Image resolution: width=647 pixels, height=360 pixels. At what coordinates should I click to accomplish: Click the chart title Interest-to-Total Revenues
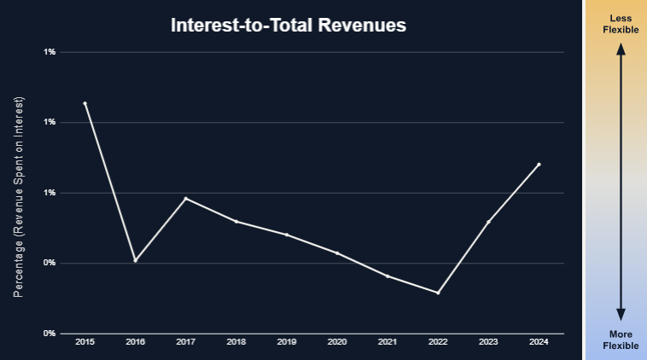pos(289,26)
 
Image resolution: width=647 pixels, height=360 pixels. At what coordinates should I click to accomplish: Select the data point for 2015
pos(85,103)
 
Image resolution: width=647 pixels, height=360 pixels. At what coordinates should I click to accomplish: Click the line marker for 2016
pos(135,260)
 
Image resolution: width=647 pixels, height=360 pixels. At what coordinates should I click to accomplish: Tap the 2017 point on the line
pos(185,199)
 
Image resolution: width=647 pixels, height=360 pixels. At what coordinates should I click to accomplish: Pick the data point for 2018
pos(236,221)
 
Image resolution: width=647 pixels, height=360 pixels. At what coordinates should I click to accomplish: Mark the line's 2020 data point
pos(337,253)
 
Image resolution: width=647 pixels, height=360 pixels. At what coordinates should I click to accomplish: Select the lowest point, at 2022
pos(438,293)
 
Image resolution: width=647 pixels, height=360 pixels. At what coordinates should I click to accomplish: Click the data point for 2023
pos(488,222)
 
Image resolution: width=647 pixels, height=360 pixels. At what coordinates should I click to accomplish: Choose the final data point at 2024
pos(539,164)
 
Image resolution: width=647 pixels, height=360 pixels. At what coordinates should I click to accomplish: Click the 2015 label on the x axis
pos(85,342)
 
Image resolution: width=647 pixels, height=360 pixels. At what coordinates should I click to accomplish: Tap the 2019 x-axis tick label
pos(287,342)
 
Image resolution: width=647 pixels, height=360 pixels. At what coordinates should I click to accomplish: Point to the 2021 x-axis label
pos(388,342)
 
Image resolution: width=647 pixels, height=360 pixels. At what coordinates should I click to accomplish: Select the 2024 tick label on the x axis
pos(539,342)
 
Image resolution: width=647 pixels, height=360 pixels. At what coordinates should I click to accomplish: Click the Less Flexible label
pos(621,24)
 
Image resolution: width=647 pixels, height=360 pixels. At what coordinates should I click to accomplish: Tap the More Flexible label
pos(621,340)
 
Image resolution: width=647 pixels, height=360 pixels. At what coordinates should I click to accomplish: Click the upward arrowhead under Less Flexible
pos(621,49)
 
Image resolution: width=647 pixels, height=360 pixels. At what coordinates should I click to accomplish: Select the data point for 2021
pos(388,276)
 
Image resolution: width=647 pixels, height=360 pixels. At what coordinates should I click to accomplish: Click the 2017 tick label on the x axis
pos(185,342)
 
